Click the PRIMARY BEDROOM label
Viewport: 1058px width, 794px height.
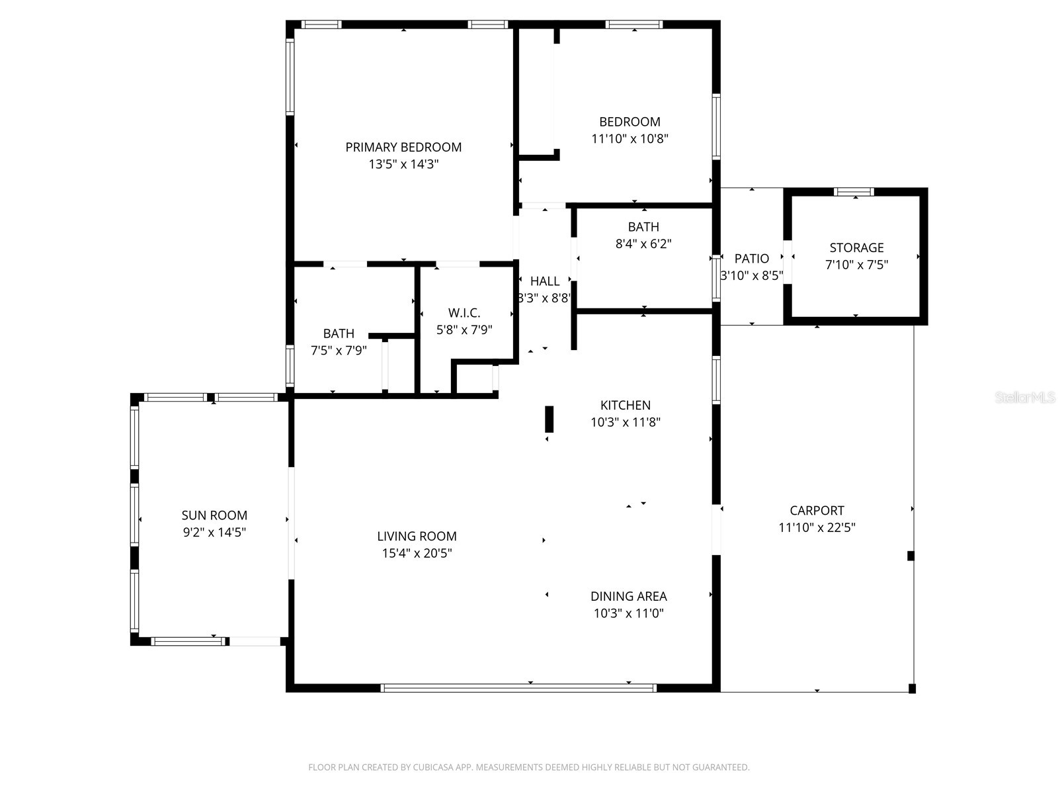click(403, 147)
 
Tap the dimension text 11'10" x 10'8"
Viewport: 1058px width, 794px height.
click(630, 139)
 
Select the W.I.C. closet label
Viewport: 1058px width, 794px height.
click(464, 313)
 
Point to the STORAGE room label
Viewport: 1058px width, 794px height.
click(856, 247)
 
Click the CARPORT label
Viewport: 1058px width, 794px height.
click(817, 510)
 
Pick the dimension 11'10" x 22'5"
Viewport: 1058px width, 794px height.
click(817, 527)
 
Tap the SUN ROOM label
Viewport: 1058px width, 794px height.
click(214, 515)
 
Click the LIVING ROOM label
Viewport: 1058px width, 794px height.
click(417, 536)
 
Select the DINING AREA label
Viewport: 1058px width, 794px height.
click(628, 596)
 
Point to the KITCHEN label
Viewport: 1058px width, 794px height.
click(625, 405)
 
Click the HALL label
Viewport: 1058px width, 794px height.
click(544, 281)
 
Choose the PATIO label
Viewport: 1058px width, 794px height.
click(751, 259)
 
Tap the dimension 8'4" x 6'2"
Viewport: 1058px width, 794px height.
click(643, 243)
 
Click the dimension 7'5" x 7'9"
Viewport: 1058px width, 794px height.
click(339, 351)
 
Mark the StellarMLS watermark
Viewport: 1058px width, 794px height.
click(1025, 398)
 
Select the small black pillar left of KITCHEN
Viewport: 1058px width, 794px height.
click(549, 419)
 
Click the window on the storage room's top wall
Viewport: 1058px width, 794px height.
click(854, 192)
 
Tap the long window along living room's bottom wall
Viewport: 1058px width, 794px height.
click(519, 688)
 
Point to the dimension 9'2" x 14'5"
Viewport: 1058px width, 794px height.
click(214, 532)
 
